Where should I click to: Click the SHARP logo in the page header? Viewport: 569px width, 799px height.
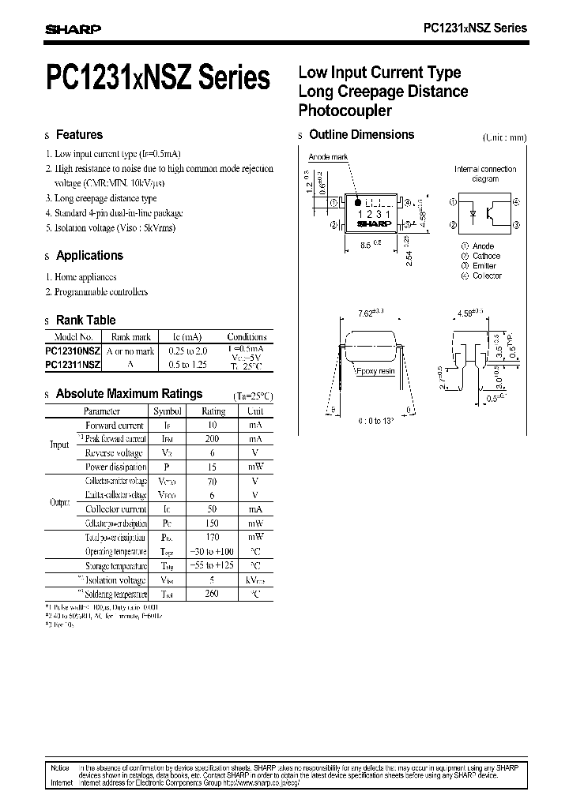[72, 29]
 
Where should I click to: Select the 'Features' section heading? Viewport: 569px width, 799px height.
[79, 135]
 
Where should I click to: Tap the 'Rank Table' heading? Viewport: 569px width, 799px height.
[85, 320]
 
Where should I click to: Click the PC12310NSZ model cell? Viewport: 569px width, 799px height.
[73, 351]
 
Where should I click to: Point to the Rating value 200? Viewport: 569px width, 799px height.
[212, 439]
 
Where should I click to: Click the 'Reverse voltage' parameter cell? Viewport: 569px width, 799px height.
[115, 453]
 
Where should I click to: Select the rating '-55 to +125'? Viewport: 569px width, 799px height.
[213, 566]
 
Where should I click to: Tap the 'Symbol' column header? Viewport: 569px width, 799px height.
[167, 411]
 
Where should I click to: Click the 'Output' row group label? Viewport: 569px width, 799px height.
[59, 502]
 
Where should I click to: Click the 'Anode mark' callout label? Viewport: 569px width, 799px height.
[328, 157]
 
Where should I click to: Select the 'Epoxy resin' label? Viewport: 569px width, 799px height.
[376, 369]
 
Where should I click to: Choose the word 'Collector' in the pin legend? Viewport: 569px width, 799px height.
[487, 276]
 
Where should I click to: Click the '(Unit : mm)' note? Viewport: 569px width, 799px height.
[503, 137]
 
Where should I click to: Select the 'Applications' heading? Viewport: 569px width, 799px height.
[89, 256]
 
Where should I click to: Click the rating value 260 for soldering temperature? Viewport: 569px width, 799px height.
[212, 594]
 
